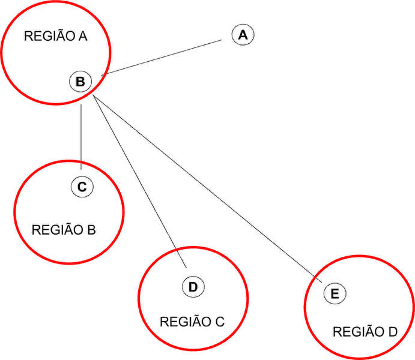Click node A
[243, 35]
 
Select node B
[80, 80]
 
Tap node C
[82, 187]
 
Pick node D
[193, 287]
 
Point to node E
[334, 293]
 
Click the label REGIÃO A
[56, 37]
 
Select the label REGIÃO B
[63, 229]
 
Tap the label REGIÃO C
[192, 321]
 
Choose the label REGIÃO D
[365, 332]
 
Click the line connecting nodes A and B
[162, 57]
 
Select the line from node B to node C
[81, 132]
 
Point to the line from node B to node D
[138, 174]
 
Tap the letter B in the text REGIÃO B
[91, 229]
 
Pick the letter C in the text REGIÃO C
[219, 321]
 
